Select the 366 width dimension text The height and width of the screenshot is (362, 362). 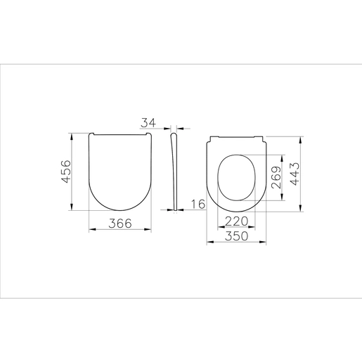coord(120,224)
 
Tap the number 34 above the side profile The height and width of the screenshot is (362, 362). coord(148,123)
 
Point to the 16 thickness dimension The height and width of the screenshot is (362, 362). coord(198,204)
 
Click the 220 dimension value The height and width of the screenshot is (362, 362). coord(236,221)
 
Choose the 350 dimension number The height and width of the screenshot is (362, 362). coord(236,236)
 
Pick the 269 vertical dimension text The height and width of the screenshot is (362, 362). coord(276,177)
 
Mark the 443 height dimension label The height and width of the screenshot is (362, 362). coord(295,174)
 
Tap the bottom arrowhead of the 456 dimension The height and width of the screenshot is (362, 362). coord(72,207)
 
